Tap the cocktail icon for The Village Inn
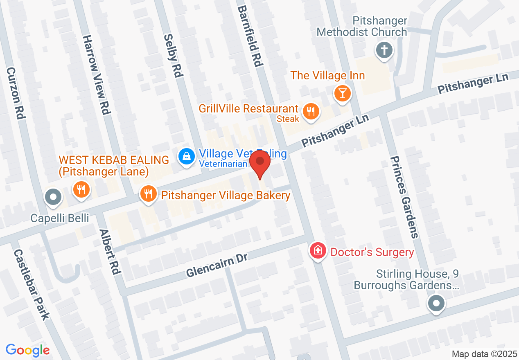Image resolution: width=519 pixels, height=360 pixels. [x=343, y=93]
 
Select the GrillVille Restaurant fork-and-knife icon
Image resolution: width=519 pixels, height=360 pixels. [x=311, y=111]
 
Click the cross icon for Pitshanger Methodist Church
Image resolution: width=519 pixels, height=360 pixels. [x=384, y=51]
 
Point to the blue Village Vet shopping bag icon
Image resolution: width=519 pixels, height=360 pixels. [x=186, y=156]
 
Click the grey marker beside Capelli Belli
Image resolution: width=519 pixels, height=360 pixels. [x=53, y=197]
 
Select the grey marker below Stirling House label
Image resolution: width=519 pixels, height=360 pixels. [x=436, y=304]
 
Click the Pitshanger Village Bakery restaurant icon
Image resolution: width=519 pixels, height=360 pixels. [x=148, y=193]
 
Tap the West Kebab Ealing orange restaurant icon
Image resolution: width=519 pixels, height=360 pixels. [x=81, y=190]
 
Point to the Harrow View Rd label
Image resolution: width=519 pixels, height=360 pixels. [x=97, y=74]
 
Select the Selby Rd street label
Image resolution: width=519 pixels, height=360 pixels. [x=173, y=55]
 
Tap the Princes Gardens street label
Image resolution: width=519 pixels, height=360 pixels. [x=404, y=197]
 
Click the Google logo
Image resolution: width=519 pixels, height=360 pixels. [x=27, y=351]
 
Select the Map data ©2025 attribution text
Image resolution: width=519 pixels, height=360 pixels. [x=484, y=354]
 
